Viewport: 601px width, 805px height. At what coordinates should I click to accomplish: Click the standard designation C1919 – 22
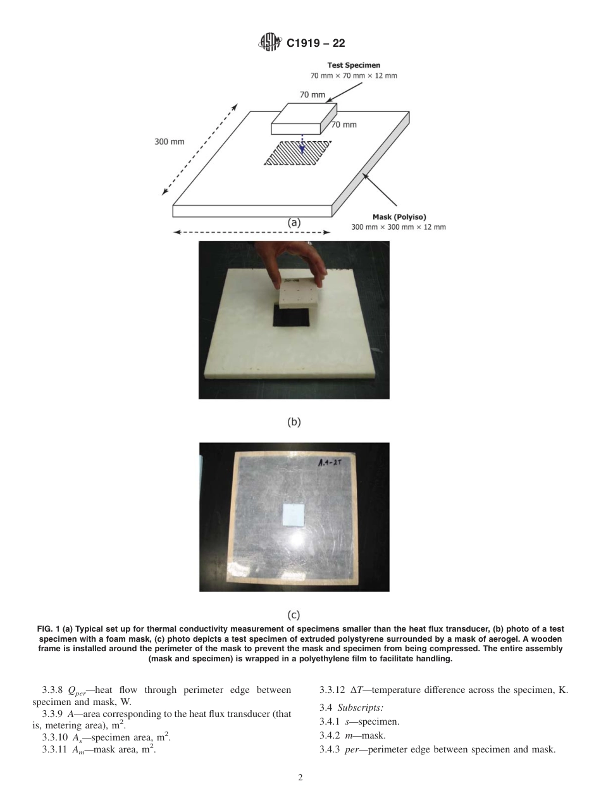[x=316, y=44]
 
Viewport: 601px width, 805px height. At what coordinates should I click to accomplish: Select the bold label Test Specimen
[x=354, y=65]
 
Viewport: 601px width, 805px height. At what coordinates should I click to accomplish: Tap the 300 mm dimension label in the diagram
[x=170, y=142]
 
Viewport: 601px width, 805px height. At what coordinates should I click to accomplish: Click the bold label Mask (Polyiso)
[x=399, y=217]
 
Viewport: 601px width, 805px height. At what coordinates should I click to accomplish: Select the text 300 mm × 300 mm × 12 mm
[x=398, y=227]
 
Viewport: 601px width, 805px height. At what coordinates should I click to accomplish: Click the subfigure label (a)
[x=294, y=222]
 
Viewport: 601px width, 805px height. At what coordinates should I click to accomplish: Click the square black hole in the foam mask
[x=294, y=315]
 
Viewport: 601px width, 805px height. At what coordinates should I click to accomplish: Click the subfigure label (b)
[x=294, y=421]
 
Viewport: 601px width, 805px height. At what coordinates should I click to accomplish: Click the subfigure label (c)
[x=294, y=615]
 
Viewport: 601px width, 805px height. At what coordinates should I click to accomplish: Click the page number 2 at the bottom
[x=300, y=778]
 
